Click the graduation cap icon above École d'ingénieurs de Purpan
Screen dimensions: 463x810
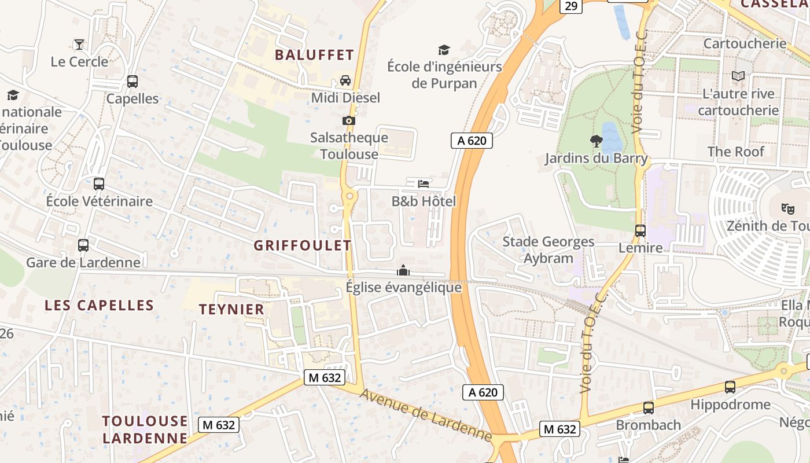pos(444,50)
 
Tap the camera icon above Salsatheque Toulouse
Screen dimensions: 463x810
pos(348,120)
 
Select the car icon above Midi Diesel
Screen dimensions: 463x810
pos(345,80)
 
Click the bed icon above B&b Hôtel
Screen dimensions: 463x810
pos(424,184)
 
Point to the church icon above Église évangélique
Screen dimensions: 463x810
pos(403,270)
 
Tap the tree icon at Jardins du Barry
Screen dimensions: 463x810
pos(596,141)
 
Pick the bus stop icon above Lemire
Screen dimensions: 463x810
pos(640,230)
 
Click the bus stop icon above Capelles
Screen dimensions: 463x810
pos(132,82)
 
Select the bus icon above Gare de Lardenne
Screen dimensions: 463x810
pos(83,245)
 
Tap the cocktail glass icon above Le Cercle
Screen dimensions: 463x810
pos(79,45)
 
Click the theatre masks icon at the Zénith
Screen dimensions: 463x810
pos(787,208)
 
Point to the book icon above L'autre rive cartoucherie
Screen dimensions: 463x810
pos(738,76)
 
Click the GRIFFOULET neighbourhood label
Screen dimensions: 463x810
pos(303,245)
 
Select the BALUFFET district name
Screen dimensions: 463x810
pos(314,55)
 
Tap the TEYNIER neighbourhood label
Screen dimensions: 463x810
pos(232,310)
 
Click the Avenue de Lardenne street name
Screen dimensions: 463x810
pos(425,414)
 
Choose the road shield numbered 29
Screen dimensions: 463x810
pos(571,6)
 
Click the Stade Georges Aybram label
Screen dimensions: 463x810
pos(548,250)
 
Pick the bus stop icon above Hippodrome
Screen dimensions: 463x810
pos(730,387)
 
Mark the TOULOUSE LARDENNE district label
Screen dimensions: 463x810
pos(145,429)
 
